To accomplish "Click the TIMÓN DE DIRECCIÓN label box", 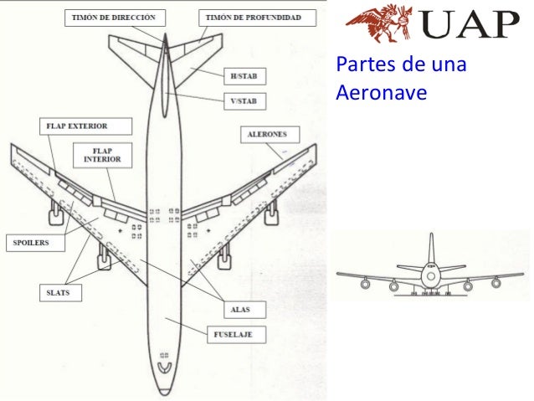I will [113, 17].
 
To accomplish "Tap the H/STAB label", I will [244, 76].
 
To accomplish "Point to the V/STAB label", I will [244, 101].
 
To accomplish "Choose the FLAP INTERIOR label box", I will [103, 155].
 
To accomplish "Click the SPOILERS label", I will [30, 243].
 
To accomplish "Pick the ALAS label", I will [240, 310].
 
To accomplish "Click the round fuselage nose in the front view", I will [431, 275].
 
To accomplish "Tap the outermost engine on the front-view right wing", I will [496, 283].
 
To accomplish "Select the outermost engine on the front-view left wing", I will [366, 284].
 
